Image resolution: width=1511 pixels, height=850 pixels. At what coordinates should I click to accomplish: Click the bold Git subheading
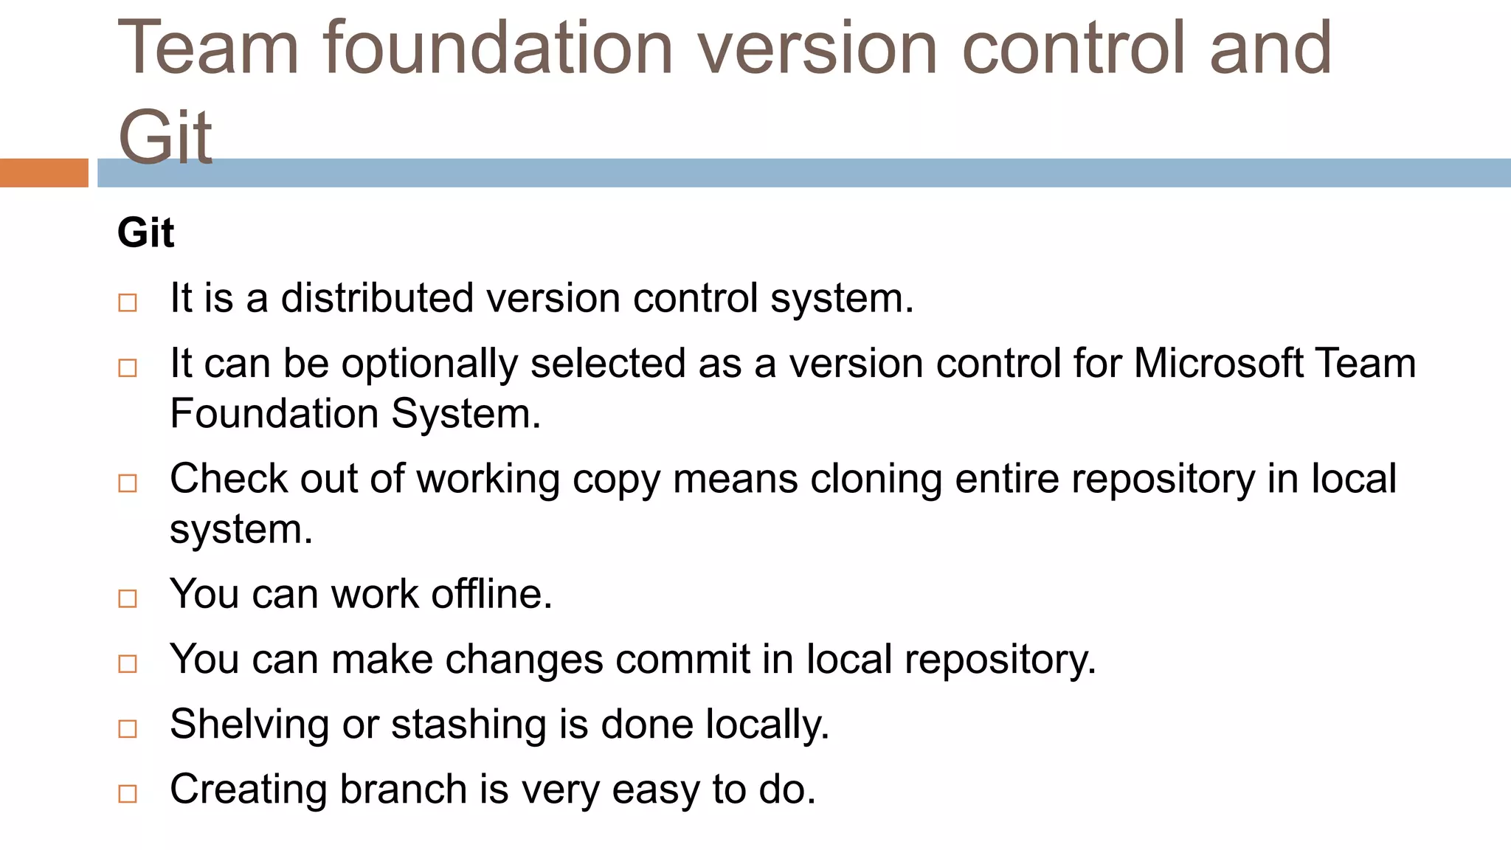[x=145, y=233]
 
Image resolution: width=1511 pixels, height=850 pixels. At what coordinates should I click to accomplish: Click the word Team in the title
[x=208, y=49]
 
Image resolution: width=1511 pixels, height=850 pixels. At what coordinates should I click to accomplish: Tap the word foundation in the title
[x=497, y=49]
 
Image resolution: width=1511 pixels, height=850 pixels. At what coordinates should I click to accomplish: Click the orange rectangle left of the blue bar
[x=44, y=173]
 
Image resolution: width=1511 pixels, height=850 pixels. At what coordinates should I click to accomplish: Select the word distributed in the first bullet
[x=377, y=298]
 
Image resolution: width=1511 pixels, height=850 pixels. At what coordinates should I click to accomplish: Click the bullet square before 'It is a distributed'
[x=128, y=303]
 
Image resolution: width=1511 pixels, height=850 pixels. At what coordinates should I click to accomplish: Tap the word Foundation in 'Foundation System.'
[x=274, y=413]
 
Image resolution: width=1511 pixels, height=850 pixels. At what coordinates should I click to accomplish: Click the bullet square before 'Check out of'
[x=128, y=483]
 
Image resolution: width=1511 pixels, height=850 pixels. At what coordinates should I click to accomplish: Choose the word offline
[x=491, y=594]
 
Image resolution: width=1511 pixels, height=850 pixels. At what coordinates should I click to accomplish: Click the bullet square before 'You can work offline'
[x=128, y=598]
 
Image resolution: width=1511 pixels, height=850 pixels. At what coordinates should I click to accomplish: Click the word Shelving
[x=249, y=725]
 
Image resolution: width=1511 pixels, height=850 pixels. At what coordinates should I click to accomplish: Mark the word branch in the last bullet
[x=404, y=789]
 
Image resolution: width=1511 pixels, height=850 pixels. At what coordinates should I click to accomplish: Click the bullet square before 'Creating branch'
[x=128, y=794]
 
